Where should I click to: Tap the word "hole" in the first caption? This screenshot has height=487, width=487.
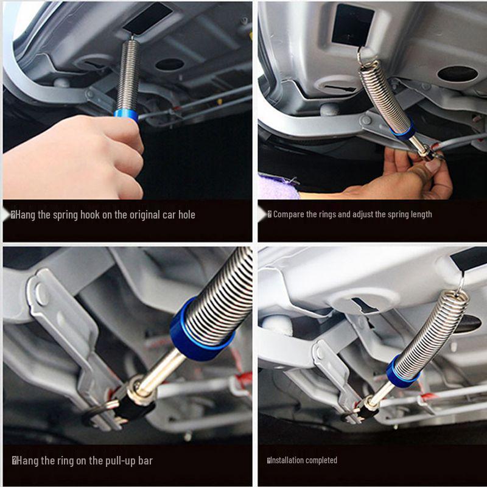tap(187, 215)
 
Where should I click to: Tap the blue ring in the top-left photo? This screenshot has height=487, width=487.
tap(126, 115)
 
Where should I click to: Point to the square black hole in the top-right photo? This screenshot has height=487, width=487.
tap(352, 26)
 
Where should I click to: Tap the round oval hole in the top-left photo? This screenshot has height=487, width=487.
tap(170, 65)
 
